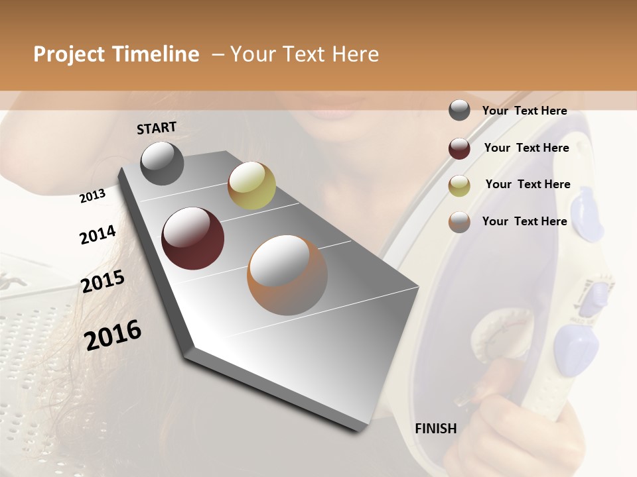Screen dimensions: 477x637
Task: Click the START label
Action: [x=157, y=128]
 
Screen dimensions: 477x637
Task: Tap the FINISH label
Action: [x=436, y=429]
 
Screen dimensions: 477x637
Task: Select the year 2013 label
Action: [x=92, y=196]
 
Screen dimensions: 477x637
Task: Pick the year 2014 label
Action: [x=98, y=235]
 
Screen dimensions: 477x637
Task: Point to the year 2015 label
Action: [x=103, y=282]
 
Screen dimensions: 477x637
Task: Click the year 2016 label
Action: [x=113, y=335]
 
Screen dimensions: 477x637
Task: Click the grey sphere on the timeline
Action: [x=163, y=163]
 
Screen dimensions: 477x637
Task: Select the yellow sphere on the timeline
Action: [x=251, y=185]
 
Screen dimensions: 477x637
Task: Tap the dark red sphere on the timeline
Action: [x=193, y=238]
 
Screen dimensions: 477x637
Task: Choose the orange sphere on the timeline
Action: [x=287, y=275]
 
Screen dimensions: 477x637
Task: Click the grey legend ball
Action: [x=459, y=111]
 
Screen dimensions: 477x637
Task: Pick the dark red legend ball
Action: [x=459, y=148]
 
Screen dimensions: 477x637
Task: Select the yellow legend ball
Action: [x=459, y=185]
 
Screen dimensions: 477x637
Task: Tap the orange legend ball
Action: [x=459, y=222]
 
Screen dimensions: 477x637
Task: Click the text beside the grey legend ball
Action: [x=524, y=111]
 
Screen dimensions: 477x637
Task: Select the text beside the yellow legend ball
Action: [x=528, y=185]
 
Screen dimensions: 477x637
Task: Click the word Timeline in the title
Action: [x=156, y=54]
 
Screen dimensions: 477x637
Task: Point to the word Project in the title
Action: [x=69, y=54]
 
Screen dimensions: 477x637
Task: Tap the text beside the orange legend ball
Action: [x=524, y=221]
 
